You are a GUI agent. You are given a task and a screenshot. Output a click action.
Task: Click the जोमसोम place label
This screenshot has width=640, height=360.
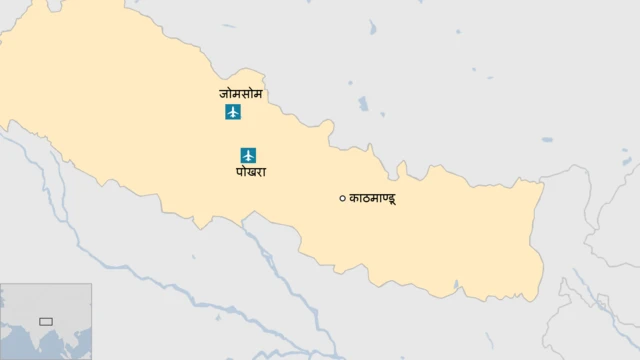[240, 93]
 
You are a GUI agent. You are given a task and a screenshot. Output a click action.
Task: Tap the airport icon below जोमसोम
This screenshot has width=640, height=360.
[233, 112]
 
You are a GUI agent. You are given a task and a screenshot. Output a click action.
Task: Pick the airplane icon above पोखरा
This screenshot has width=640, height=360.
[249, 155]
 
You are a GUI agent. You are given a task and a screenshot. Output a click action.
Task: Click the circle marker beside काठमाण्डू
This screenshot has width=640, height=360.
[342, 199]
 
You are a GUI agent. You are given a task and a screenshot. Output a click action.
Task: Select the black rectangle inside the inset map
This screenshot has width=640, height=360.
[45, 321]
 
